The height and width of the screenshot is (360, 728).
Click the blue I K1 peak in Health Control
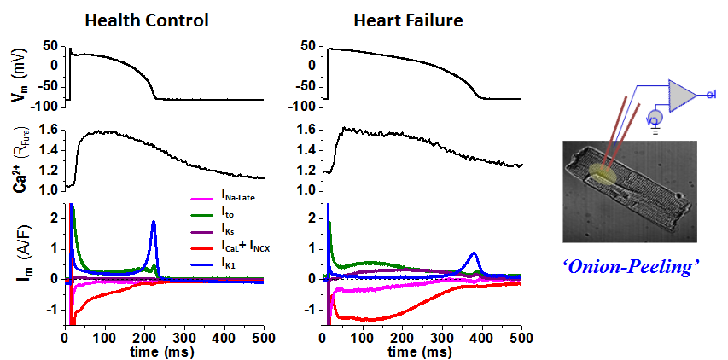pos(154,223)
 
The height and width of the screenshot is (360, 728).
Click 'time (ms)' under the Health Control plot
pos(165,351)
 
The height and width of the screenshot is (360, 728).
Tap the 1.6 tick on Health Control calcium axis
pos(48,129)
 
